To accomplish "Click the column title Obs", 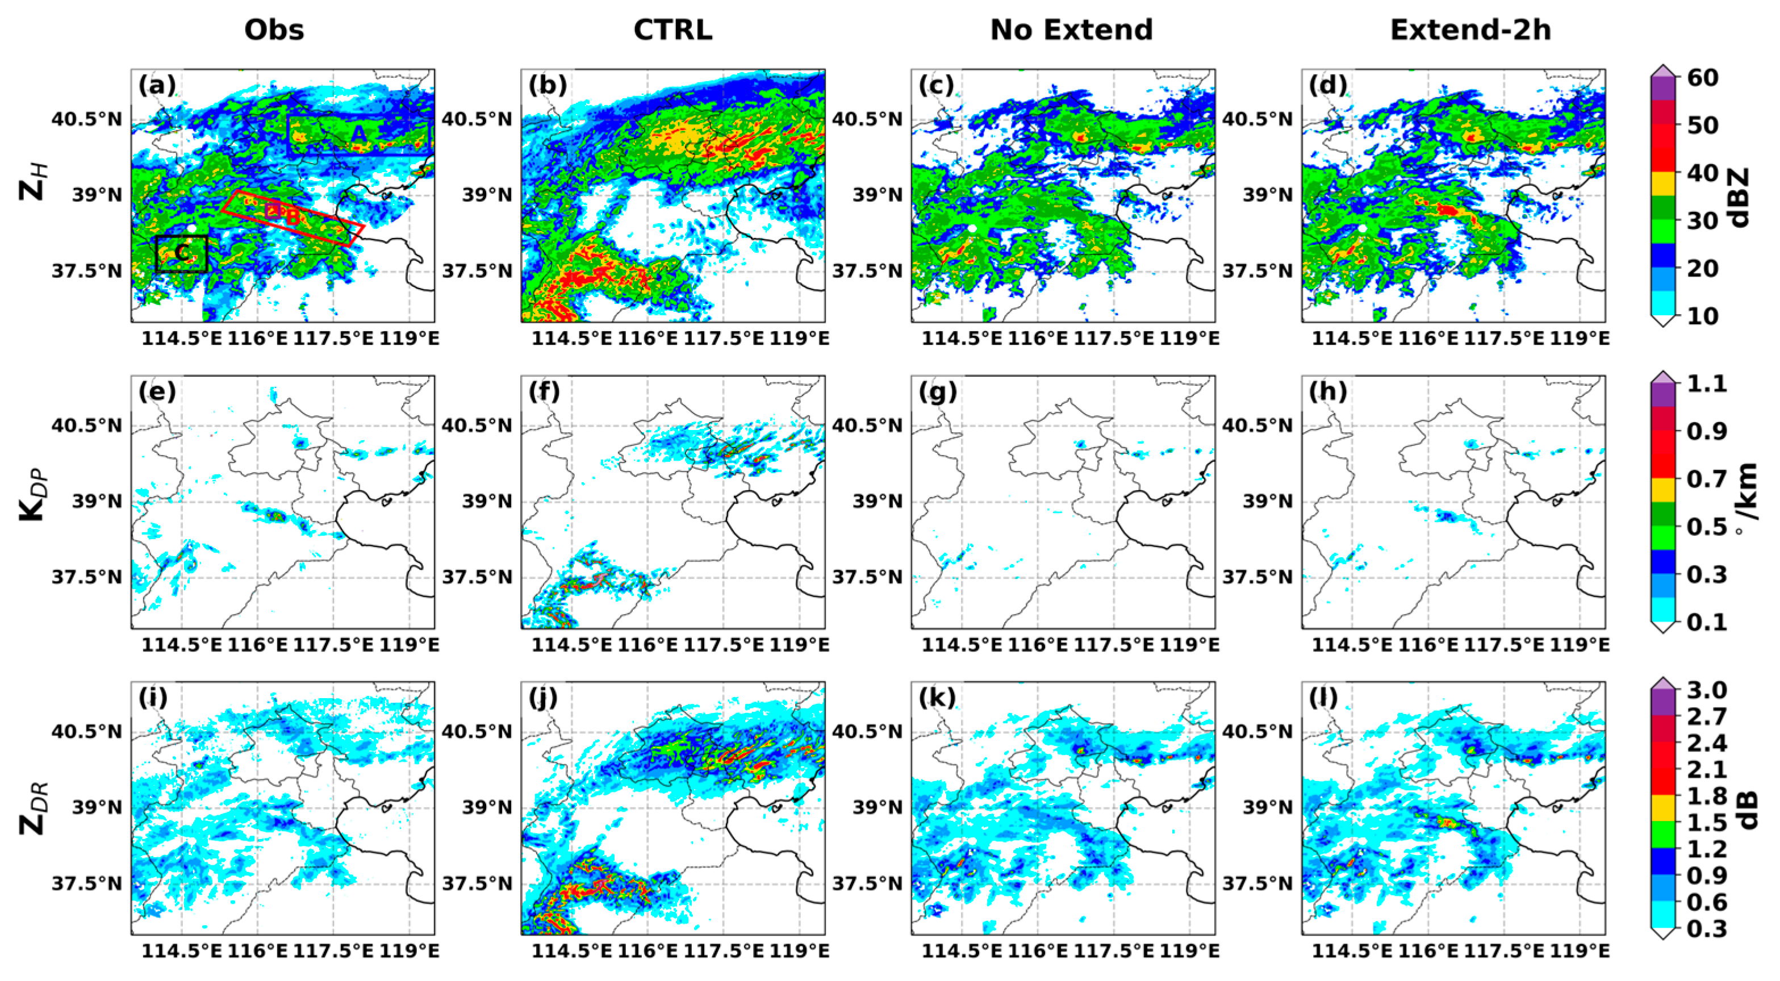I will pos(274,30).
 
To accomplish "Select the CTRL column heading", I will pos(672,30).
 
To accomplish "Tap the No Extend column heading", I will pos(1071,30).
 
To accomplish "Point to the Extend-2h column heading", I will pos(1470,30).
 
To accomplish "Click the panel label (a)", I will pos(157,85).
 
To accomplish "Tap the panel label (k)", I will pos(938,699).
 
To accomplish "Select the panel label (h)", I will pos(1328,392).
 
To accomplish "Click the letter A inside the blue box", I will pos(358,134).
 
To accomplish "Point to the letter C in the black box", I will pos(182,253).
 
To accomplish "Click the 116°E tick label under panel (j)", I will pos(647,951).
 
